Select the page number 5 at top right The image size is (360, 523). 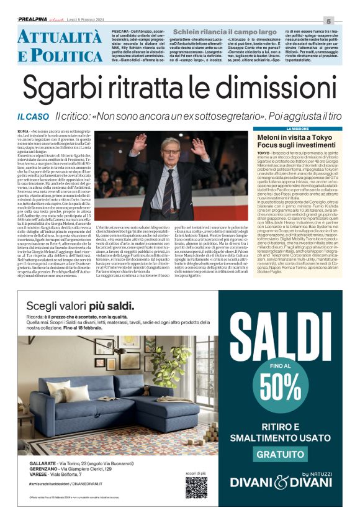click(346, 20)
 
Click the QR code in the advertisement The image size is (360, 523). click(196, 487)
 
